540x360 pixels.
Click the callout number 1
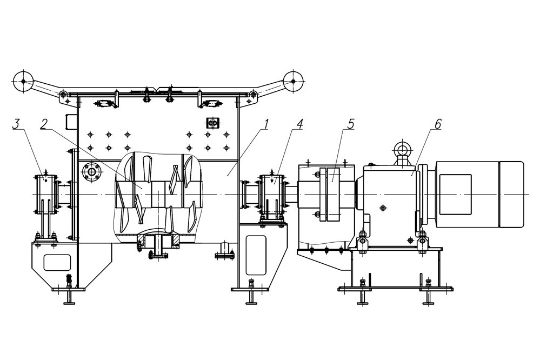pyautogui.click(x=265, y=124)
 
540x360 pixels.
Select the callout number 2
pyautogui.click(x=43, y=124)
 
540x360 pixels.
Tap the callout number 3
pyautogui.click(x=16, y=124)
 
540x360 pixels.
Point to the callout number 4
pyautogui.click(x=299, y=124)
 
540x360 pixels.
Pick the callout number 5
pyautogui.click(x=350, y=124)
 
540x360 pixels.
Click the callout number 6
pyautogui.click(x=438, y=124)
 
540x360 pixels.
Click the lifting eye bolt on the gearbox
pyautogui.click(x=401, y=149)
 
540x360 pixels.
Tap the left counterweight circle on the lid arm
pyautogui.click(x=23, y=81)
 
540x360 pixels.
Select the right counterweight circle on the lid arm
pyautogui.click(x=293, y=81)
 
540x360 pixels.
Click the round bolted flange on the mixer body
pyautogui.click(x=91, y=171)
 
